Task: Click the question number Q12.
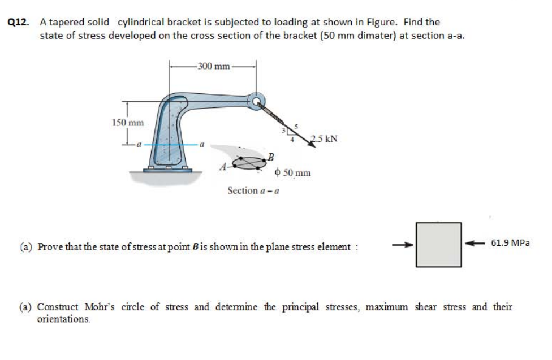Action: [19, 23]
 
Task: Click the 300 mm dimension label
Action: [213, 66]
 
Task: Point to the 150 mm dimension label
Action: [128, 123]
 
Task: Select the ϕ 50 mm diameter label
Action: [292, 172]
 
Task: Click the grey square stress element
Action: [439, 244]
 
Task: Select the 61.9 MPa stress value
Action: [510, 243]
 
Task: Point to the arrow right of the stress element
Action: [473, 244]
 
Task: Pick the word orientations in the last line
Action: [63, 319]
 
